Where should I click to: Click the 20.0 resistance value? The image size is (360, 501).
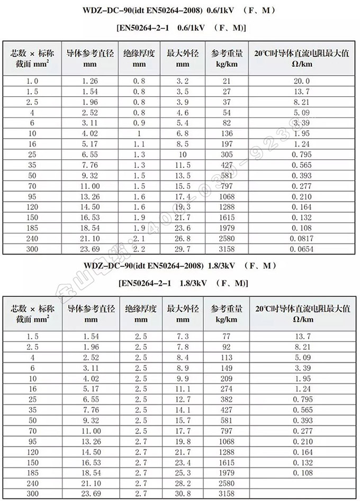click(301, 81)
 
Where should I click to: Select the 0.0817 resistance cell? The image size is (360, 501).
click(301, 239)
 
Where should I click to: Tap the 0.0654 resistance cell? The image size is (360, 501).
click(301, 248)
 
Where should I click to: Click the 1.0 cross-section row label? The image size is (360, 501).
click(32, 81)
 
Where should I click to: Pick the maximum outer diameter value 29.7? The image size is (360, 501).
click(182, 248)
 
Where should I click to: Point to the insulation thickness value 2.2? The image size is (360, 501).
click(139, 248)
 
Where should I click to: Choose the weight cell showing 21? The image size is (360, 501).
click(227, 81)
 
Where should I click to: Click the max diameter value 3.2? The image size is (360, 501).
click(182, 81)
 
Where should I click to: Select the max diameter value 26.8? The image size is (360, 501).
click(182, 239)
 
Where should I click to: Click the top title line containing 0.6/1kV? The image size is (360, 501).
click(179, 11)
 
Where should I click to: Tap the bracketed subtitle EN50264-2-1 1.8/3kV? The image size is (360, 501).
click(179, 284)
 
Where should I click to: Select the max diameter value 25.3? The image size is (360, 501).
click(182, 472)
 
